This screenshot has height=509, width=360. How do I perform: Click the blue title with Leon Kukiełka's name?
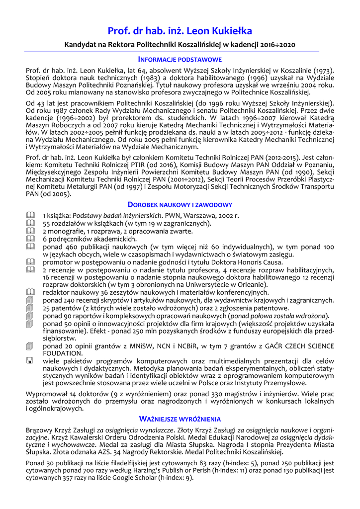[180, 31]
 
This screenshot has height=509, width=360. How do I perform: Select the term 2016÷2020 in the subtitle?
[277, 45]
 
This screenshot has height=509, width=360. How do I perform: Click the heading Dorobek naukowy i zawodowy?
[180, 204]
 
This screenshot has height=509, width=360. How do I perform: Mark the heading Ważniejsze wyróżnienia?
[180, 419]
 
